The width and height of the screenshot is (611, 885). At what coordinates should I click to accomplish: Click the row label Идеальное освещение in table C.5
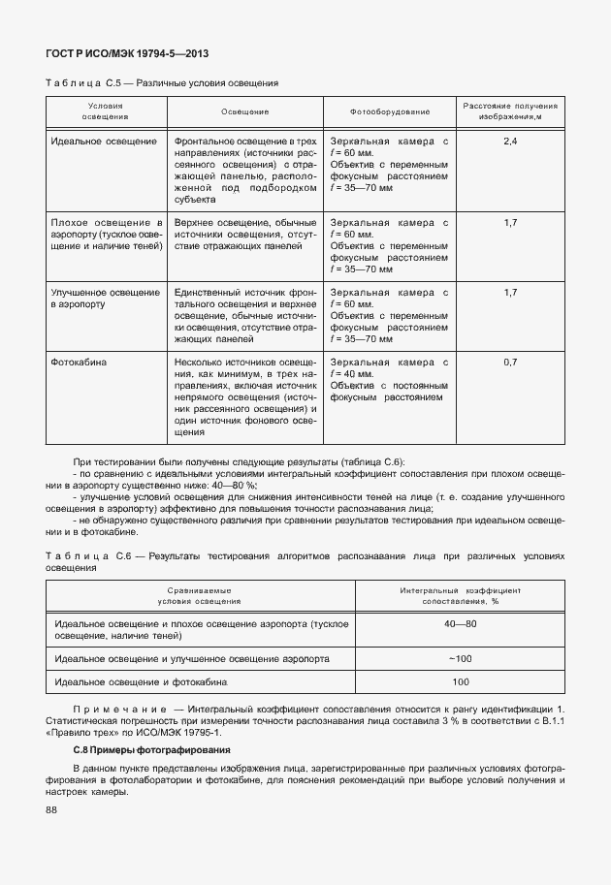pyautogui.click(x=107, y=142)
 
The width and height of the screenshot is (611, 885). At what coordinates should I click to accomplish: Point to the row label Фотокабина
pyautogui.click(x=80, y=363)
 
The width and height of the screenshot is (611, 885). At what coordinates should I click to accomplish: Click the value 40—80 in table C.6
pyautogui.click(x=461, y=623)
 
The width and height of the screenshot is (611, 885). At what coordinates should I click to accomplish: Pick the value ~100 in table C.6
pyautogui.click(x=461, y=658)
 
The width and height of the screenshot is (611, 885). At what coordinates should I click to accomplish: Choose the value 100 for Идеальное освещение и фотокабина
pyautogui.click(x=461, y=682)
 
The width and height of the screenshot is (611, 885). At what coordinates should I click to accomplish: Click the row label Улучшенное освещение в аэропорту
pyautogui.click(x=105, y=298)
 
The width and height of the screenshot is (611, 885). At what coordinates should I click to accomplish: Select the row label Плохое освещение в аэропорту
pyautogui.click(x=106, y=235)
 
